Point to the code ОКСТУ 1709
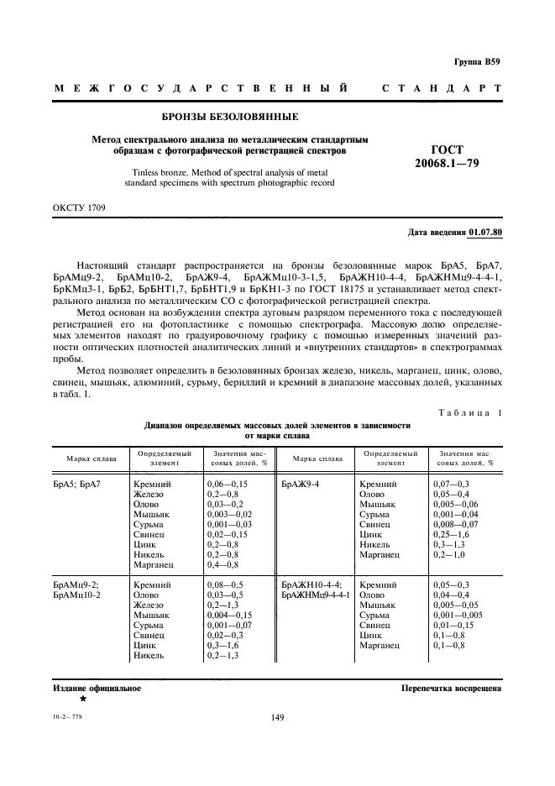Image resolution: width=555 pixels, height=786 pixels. pos(80,205)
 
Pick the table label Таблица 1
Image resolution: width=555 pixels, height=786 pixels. pos(470,413)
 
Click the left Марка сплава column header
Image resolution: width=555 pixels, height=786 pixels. pos(89,458)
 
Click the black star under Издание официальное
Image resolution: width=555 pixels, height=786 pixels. pos(82,699)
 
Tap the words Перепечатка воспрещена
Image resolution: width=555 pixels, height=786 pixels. pos(452,688)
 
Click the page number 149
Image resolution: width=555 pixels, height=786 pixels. pos(279,717)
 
